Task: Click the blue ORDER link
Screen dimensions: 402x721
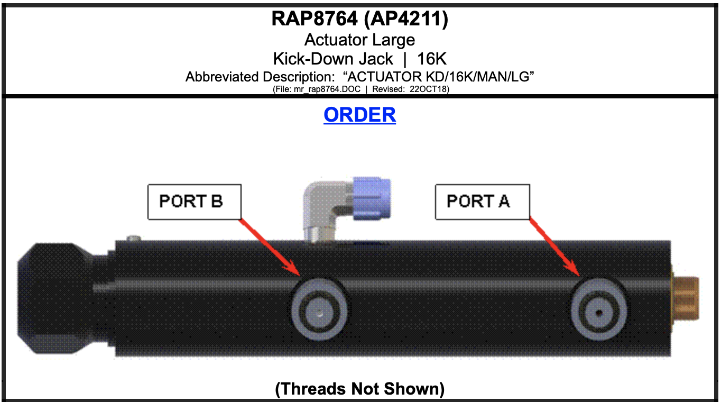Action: point(359,115)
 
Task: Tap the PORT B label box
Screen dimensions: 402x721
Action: point(194,202)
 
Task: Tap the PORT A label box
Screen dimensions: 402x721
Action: point(482,202)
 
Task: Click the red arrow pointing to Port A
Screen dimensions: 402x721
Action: point(555,246)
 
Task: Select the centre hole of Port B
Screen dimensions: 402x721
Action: point(320,312)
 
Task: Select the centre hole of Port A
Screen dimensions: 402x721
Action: point(599,312)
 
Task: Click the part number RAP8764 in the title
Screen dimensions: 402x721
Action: point(313,19)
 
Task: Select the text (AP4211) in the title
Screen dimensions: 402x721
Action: point(405,19)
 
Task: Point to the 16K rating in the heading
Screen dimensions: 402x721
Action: point(432,58)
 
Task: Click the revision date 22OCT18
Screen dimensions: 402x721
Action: point(429,89)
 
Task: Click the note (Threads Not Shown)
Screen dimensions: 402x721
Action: point(359,389)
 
